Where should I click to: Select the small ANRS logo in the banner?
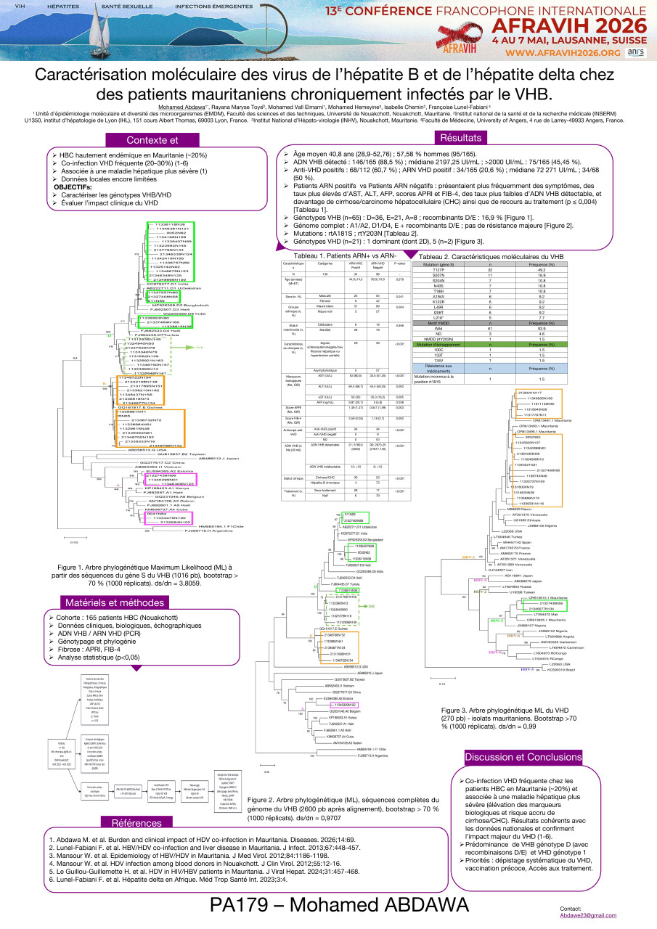[634, 53]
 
